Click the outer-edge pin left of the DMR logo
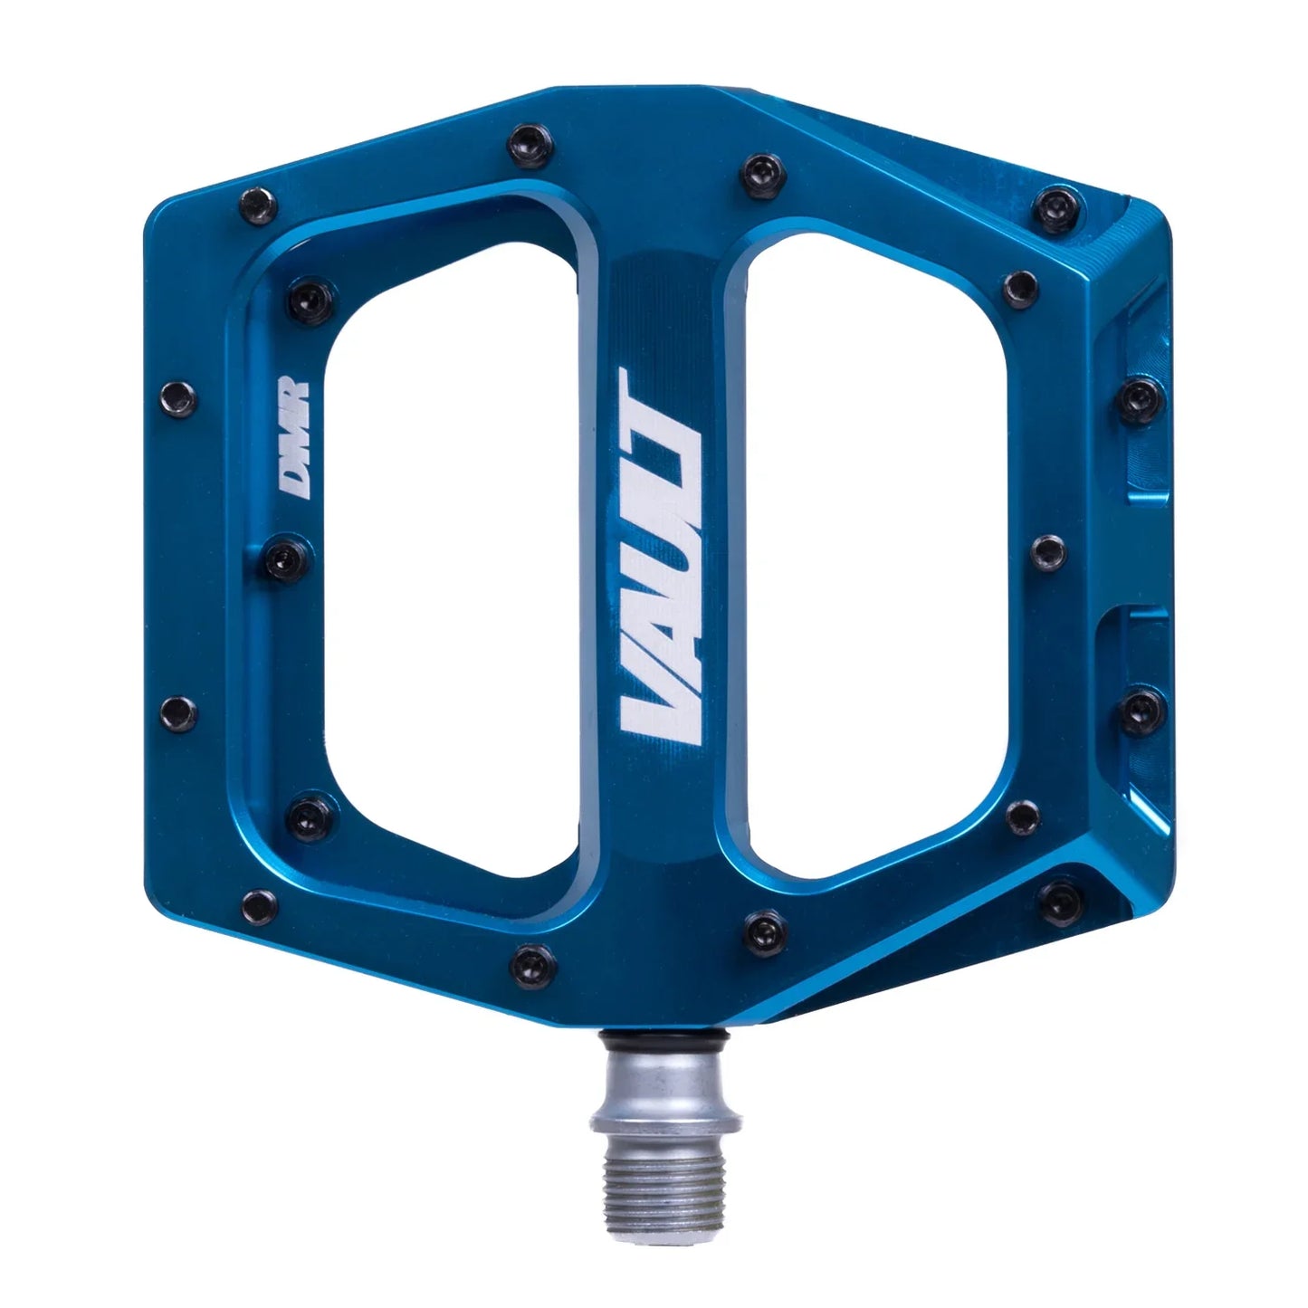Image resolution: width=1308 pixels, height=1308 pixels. coord(176,395)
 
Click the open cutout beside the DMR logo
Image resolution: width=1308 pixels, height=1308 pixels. coord(453,543)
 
